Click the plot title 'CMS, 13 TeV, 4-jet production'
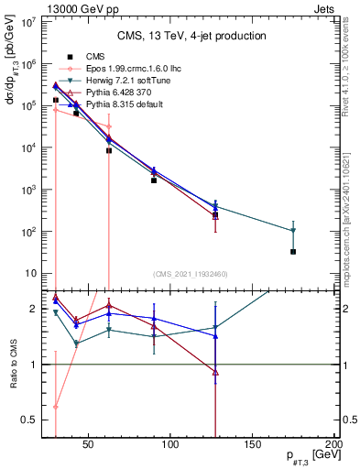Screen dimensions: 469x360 [191, 36]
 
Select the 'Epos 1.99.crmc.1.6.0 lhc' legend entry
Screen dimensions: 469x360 [129, 69]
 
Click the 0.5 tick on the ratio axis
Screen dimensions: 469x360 [30, 420]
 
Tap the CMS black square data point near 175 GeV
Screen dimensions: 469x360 [293, 251]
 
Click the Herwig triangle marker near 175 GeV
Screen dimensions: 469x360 [293, 231]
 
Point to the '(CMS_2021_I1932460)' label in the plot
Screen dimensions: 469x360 [191, 274]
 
